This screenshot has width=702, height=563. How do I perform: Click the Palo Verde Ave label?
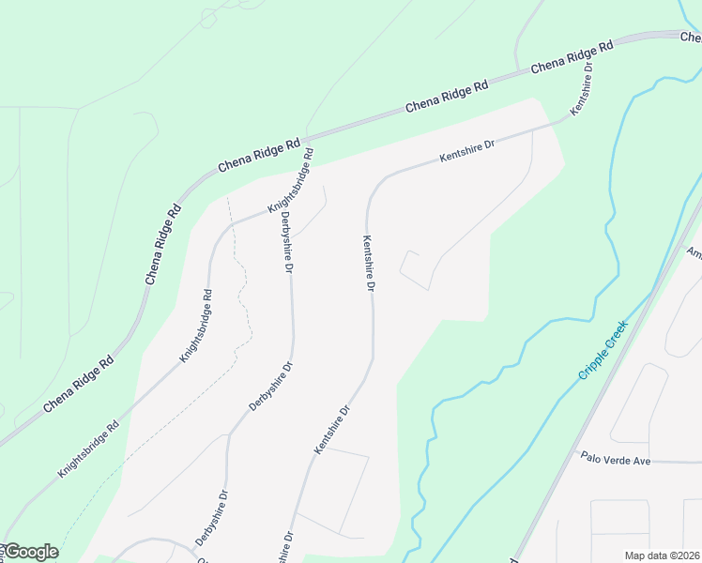(615, 461)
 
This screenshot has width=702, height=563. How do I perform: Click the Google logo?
(30, 552)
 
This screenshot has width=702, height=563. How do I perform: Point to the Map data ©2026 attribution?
(662, 555)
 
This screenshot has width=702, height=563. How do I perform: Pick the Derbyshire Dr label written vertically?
(286, 242)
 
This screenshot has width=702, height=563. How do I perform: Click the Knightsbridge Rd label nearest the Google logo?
(88, 449)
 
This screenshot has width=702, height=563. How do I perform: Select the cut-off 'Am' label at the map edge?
(694, 253)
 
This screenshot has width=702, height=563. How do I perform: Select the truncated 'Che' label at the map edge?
(691, 38)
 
